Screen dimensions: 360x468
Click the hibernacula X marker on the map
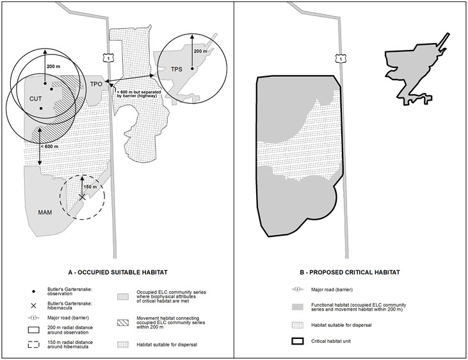[82, 198]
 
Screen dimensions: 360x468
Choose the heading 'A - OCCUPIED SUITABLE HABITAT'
[115, 272]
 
